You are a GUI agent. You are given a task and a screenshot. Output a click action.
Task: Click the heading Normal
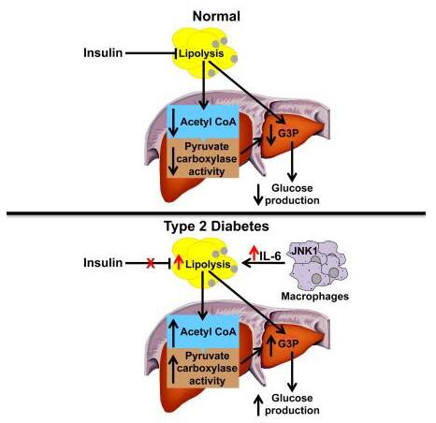[216, 16]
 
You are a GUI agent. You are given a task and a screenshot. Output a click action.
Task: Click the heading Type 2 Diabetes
[216, 226]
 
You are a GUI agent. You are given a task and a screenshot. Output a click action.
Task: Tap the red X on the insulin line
[151, 264]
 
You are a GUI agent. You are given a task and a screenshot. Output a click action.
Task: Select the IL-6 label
[270, 256]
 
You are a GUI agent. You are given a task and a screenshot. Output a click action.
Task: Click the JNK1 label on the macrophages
[305, 251]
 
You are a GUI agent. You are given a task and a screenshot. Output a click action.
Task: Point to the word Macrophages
[315, 296]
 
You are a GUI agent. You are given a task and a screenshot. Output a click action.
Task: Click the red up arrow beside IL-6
[254, 253]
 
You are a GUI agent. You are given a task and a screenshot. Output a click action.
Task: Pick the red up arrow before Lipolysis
[179, 262]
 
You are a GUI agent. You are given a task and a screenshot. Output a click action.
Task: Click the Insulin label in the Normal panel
[103, 52]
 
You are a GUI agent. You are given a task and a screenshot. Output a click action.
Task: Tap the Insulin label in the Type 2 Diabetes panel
[103, 263]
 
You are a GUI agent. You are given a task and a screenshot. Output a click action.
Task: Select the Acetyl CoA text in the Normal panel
[209, 122]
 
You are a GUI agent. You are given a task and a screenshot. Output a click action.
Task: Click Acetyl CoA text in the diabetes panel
[209, 331]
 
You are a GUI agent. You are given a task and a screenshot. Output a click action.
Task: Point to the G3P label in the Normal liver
[288, 134]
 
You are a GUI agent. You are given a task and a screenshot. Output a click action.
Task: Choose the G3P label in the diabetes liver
[288, 343]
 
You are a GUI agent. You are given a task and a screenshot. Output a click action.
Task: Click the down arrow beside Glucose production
[258, 195]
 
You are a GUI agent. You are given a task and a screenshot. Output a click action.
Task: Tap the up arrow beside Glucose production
[258, 405]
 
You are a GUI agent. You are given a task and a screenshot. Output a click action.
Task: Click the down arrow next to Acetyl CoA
[173, 122]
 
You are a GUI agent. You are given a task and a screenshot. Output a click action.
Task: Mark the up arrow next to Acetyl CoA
[173, 332]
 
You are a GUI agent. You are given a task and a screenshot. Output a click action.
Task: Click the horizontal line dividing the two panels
[216, 213]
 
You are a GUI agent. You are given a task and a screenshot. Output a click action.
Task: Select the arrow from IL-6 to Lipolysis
[264, 264]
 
